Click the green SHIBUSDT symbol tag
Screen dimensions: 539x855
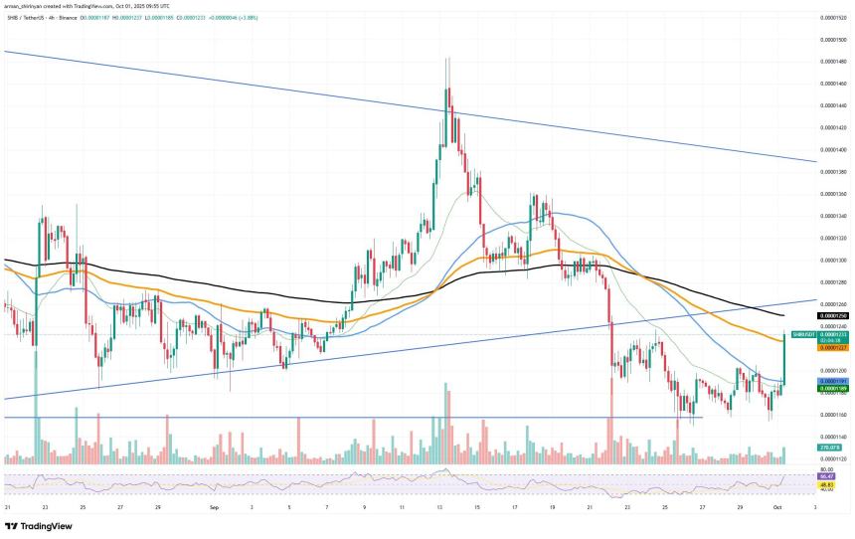[801, 334]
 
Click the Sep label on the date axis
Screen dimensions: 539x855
[215, 507]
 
